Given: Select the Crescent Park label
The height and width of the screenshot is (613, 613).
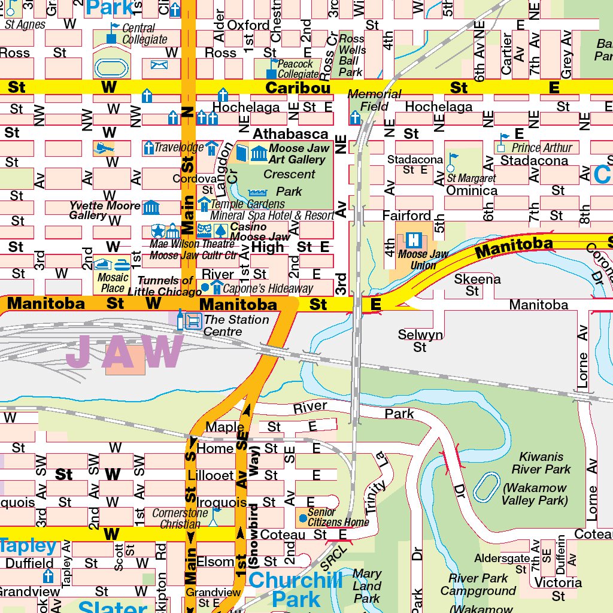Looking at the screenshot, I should pos(289,183).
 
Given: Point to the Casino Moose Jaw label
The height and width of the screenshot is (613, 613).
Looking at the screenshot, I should pos(260,232).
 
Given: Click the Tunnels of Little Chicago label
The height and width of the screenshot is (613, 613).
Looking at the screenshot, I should pos(166,286).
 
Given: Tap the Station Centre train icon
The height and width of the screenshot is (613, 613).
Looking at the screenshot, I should pos(193,321).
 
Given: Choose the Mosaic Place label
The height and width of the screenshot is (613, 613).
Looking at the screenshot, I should pos(113,283).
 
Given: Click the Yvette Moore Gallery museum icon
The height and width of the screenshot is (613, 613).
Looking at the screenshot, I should pos(151,208).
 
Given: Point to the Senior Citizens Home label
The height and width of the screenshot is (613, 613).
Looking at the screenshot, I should pos(338,518).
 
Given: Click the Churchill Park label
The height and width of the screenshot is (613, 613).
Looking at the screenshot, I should pos(296,589).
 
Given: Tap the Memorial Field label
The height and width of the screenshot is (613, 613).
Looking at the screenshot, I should pos(374,101).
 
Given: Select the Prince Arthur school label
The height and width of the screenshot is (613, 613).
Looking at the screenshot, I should pos(542,147).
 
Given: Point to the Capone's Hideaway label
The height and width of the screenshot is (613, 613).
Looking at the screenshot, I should pos(268,289).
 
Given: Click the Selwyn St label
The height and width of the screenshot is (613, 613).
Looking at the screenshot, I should pos(420,341).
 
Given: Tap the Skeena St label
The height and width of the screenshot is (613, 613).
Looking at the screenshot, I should pos(477,285).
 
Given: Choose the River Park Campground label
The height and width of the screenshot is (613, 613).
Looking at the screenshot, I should pos(478,585).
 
